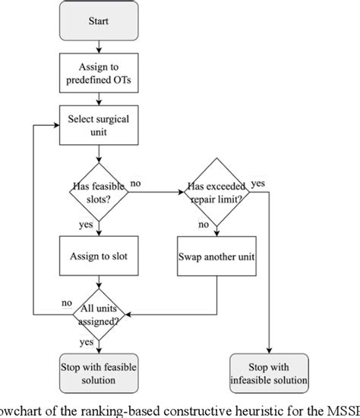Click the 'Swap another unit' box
coord(216,256)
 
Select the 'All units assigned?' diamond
coord(96,312)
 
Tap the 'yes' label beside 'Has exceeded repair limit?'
coord(258,184)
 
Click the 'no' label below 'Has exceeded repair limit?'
coord(204,225)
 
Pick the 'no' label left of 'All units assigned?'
coord(66,303)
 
